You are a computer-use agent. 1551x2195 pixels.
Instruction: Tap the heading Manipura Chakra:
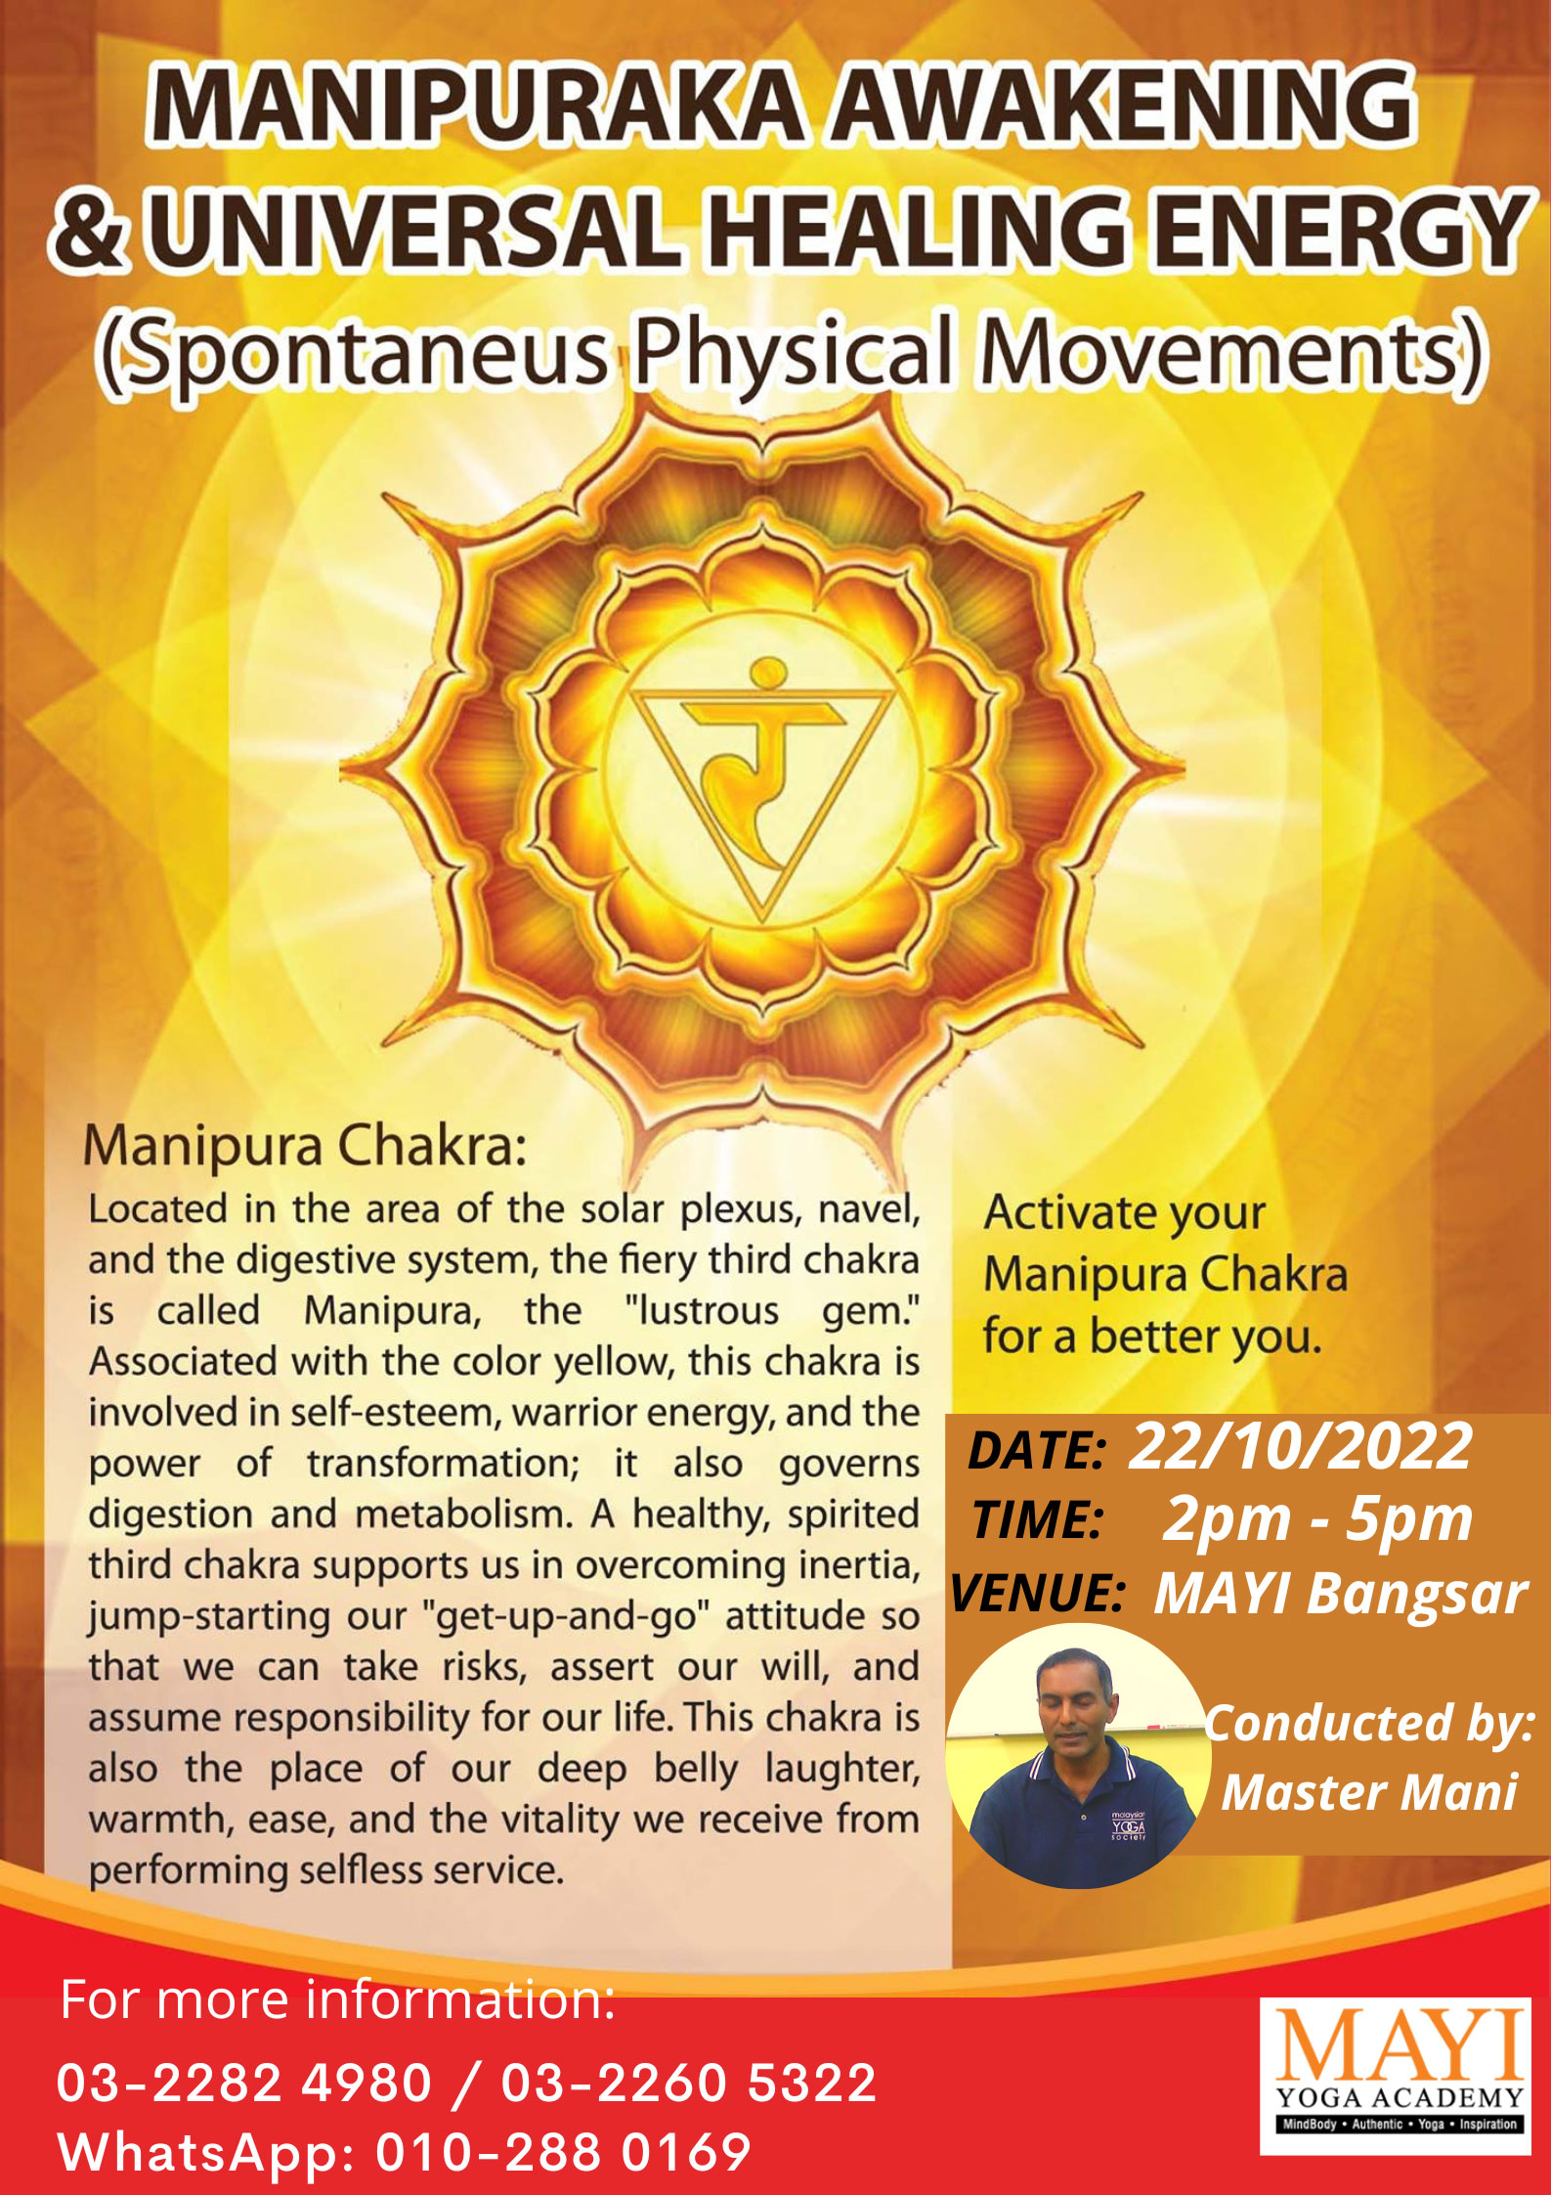click(x=304, y=1146)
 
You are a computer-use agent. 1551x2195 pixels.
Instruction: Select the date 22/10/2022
click(x=1300, y=1447)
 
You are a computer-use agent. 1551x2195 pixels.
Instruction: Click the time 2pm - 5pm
click(x=1316, y=1520)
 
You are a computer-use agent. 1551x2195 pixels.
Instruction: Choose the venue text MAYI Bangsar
click(x=1340, y=1594)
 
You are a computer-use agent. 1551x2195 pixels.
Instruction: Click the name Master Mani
click(x=1368, y=1792)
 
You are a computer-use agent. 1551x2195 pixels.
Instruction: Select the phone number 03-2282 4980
click(x=244, y=2083)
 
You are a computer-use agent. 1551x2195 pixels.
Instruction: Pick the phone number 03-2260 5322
click(x=689, y=2083)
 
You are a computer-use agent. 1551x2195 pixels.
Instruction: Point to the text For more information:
click(x=338, y=2000)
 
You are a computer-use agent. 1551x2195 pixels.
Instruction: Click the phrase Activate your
click(x=1124, y=1213)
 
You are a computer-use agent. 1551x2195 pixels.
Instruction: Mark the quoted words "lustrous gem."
click(x=772, y=1311)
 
